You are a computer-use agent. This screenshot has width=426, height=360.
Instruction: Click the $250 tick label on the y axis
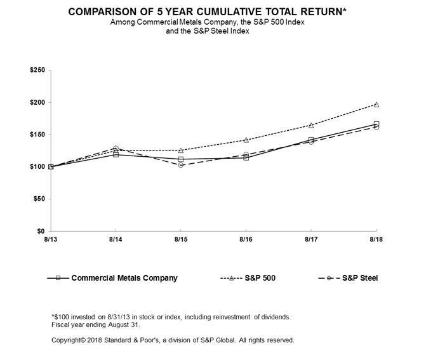[37, 70]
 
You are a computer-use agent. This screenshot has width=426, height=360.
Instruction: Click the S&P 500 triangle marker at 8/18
[376, 104]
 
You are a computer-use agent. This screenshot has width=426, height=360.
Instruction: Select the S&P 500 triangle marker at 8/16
[246, 140]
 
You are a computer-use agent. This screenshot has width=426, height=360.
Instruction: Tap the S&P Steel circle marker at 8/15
[181, 164]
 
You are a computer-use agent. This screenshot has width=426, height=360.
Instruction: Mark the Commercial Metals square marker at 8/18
[376, 124]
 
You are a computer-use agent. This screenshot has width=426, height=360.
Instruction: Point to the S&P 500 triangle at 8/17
[311, 125]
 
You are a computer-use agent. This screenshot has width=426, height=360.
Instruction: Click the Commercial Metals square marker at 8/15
[181, 159]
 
